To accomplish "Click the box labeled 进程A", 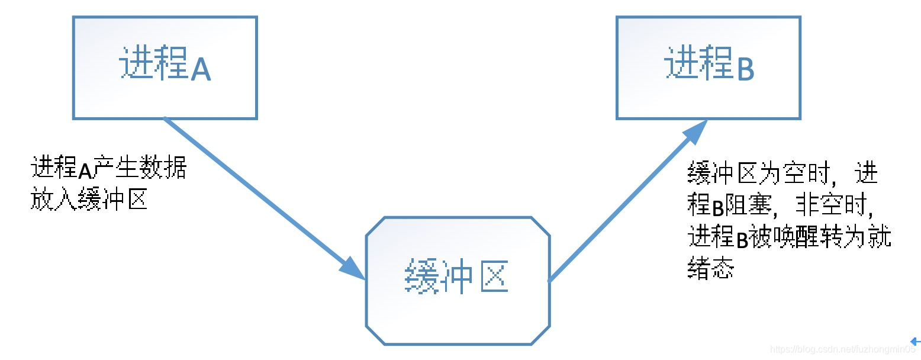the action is tap(165, 67).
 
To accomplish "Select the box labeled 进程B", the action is tap(708, 67).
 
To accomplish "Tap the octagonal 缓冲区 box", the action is tap(458, 281).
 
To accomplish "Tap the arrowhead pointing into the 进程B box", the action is tap(696, 131).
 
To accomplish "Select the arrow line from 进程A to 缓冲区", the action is tap(255, 189).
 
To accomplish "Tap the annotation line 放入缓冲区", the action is tap(89, 200).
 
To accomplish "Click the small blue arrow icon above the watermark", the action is tap(915, 342).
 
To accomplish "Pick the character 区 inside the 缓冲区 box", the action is tap(492, 277).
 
